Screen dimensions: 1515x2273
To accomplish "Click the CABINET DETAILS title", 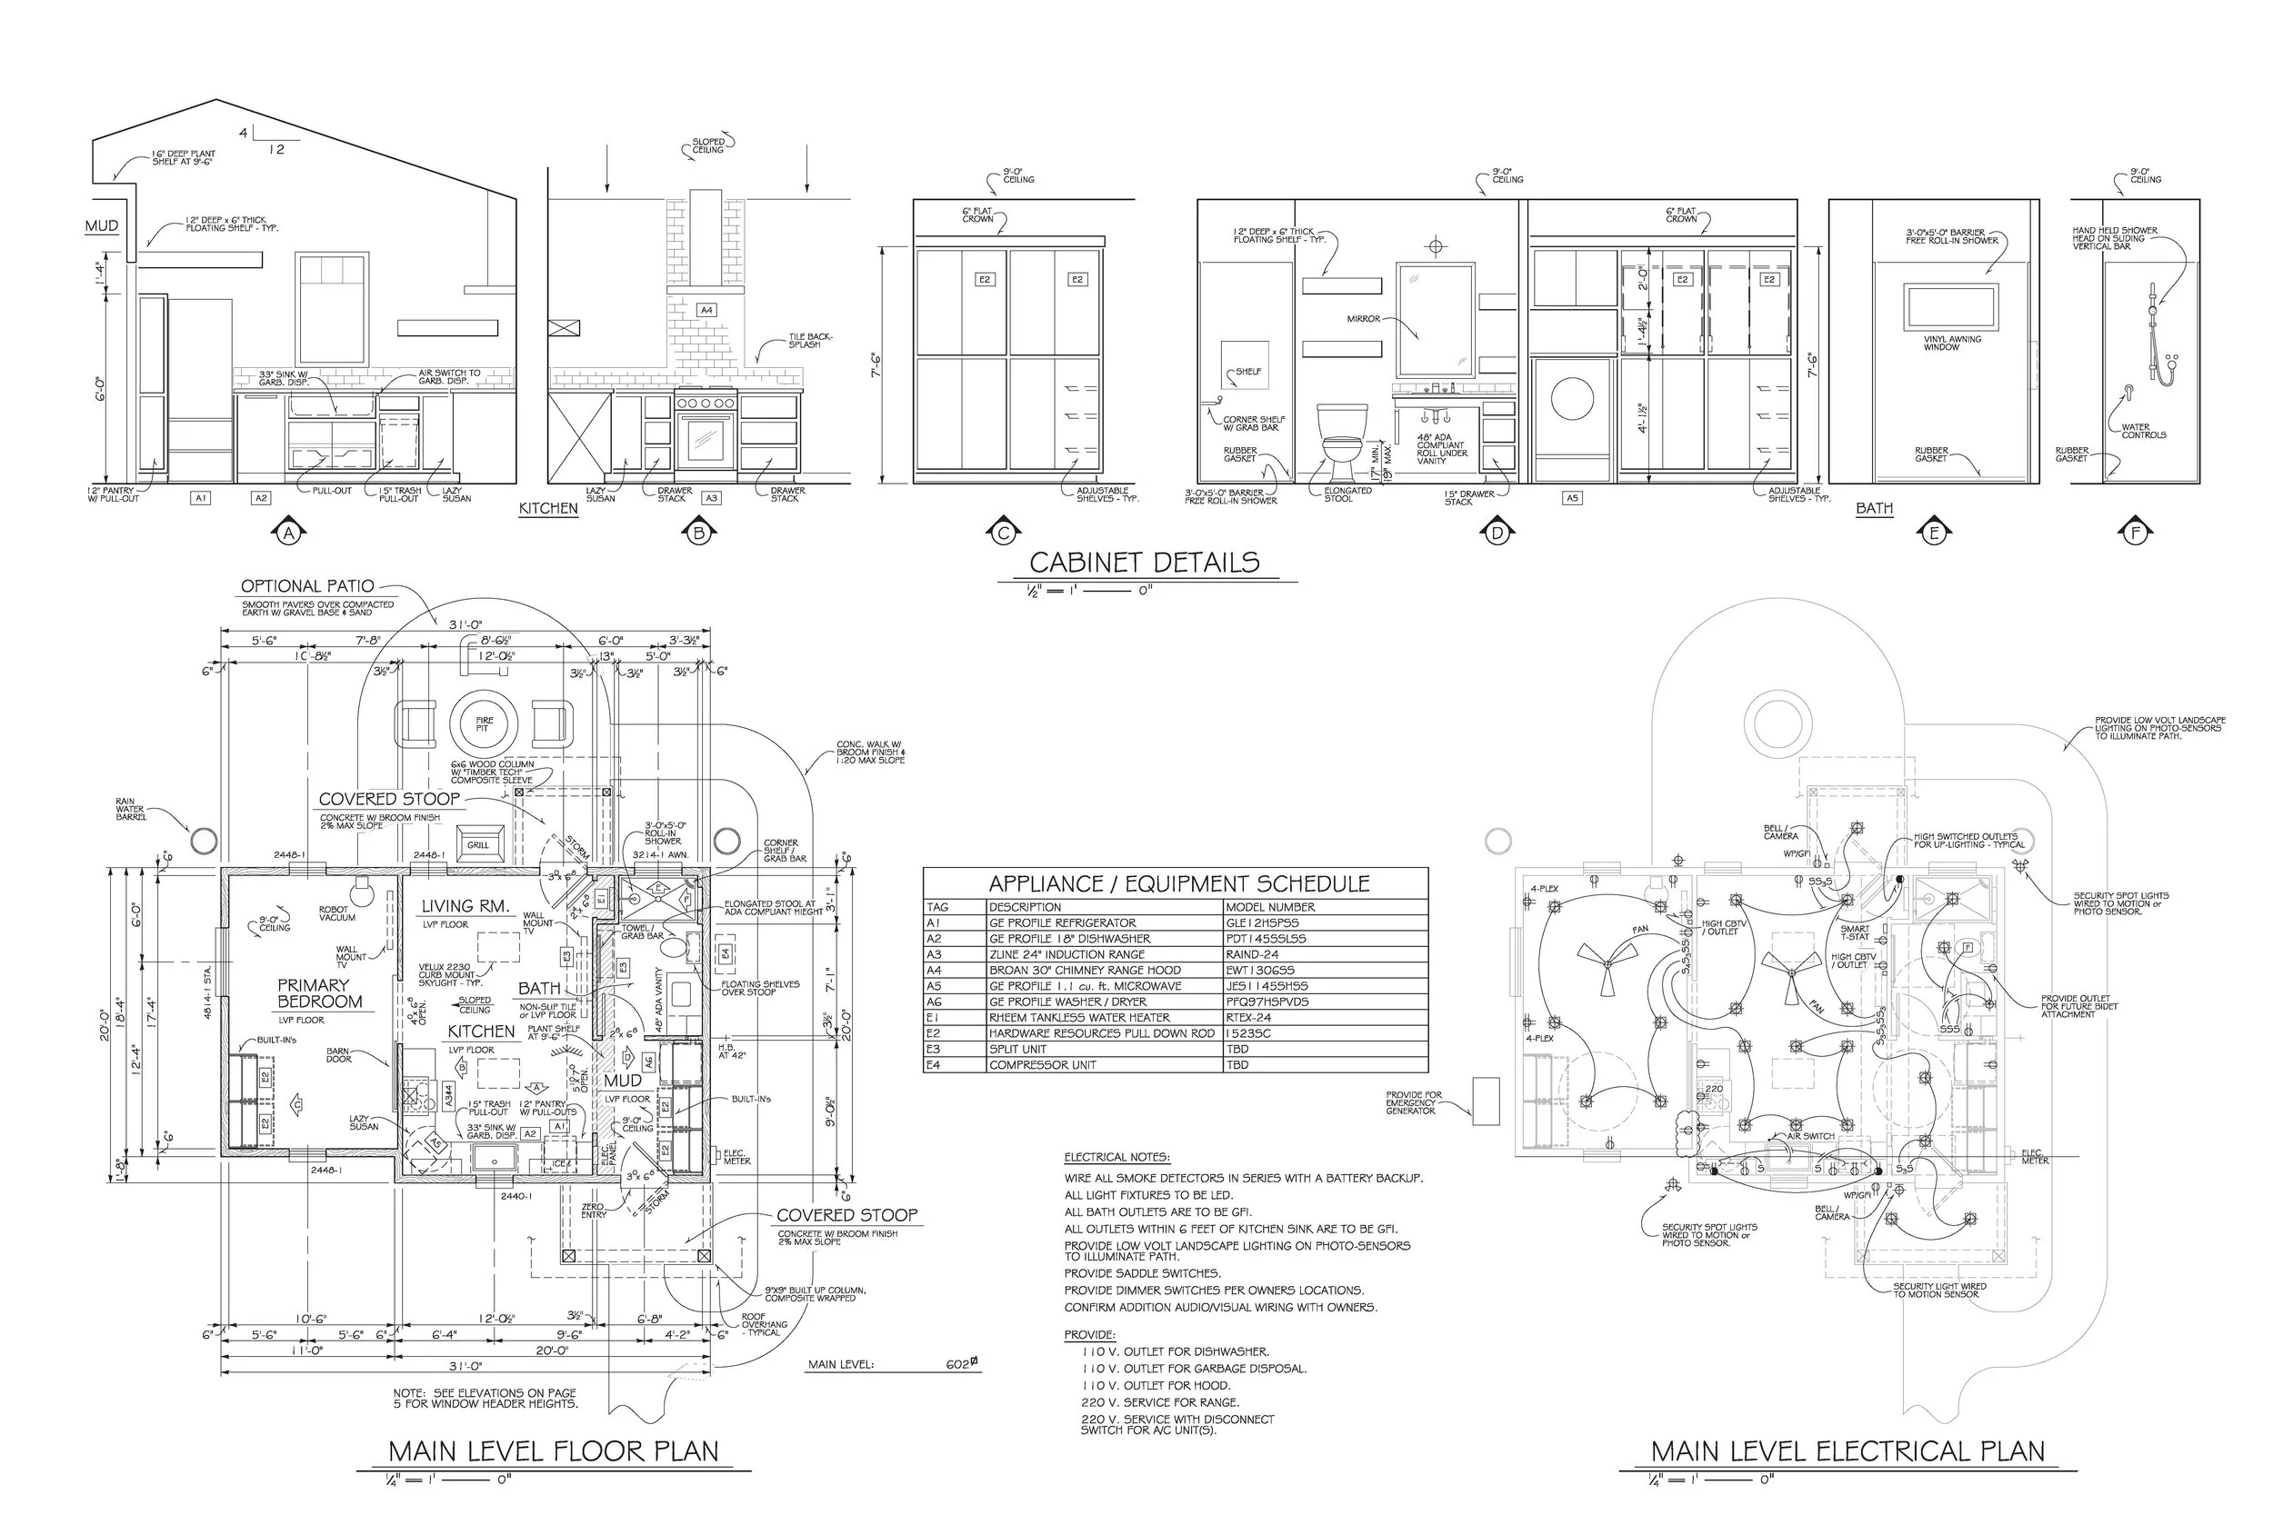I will (1145, 563).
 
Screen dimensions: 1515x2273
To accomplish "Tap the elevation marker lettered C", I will (1003, 533).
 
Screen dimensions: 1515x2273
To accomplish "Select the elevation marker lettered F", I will (2135, 533).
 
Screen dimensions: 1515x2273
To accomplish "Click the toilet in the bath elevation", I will (1342, 441).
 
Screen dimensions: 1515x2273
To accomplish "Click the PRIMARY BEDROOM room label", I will (319, 993).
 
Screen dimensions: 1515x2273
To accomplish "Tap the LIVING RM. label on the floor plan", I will (465, 906).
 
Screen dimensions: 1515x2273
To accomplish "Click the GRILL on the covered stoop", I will (478, 844).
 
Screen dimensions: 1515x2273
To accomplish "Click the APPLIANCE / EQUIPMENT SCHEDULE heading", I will (1178, 884).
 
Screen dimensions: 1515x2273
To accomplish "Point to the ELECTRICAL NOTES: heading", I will (1116, 1158).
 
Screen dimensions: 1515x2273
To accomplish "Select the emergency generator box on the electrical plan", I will (1486, 1101).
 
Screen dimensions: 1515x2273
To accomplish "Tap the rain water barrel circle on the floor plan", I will (204, 840).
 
